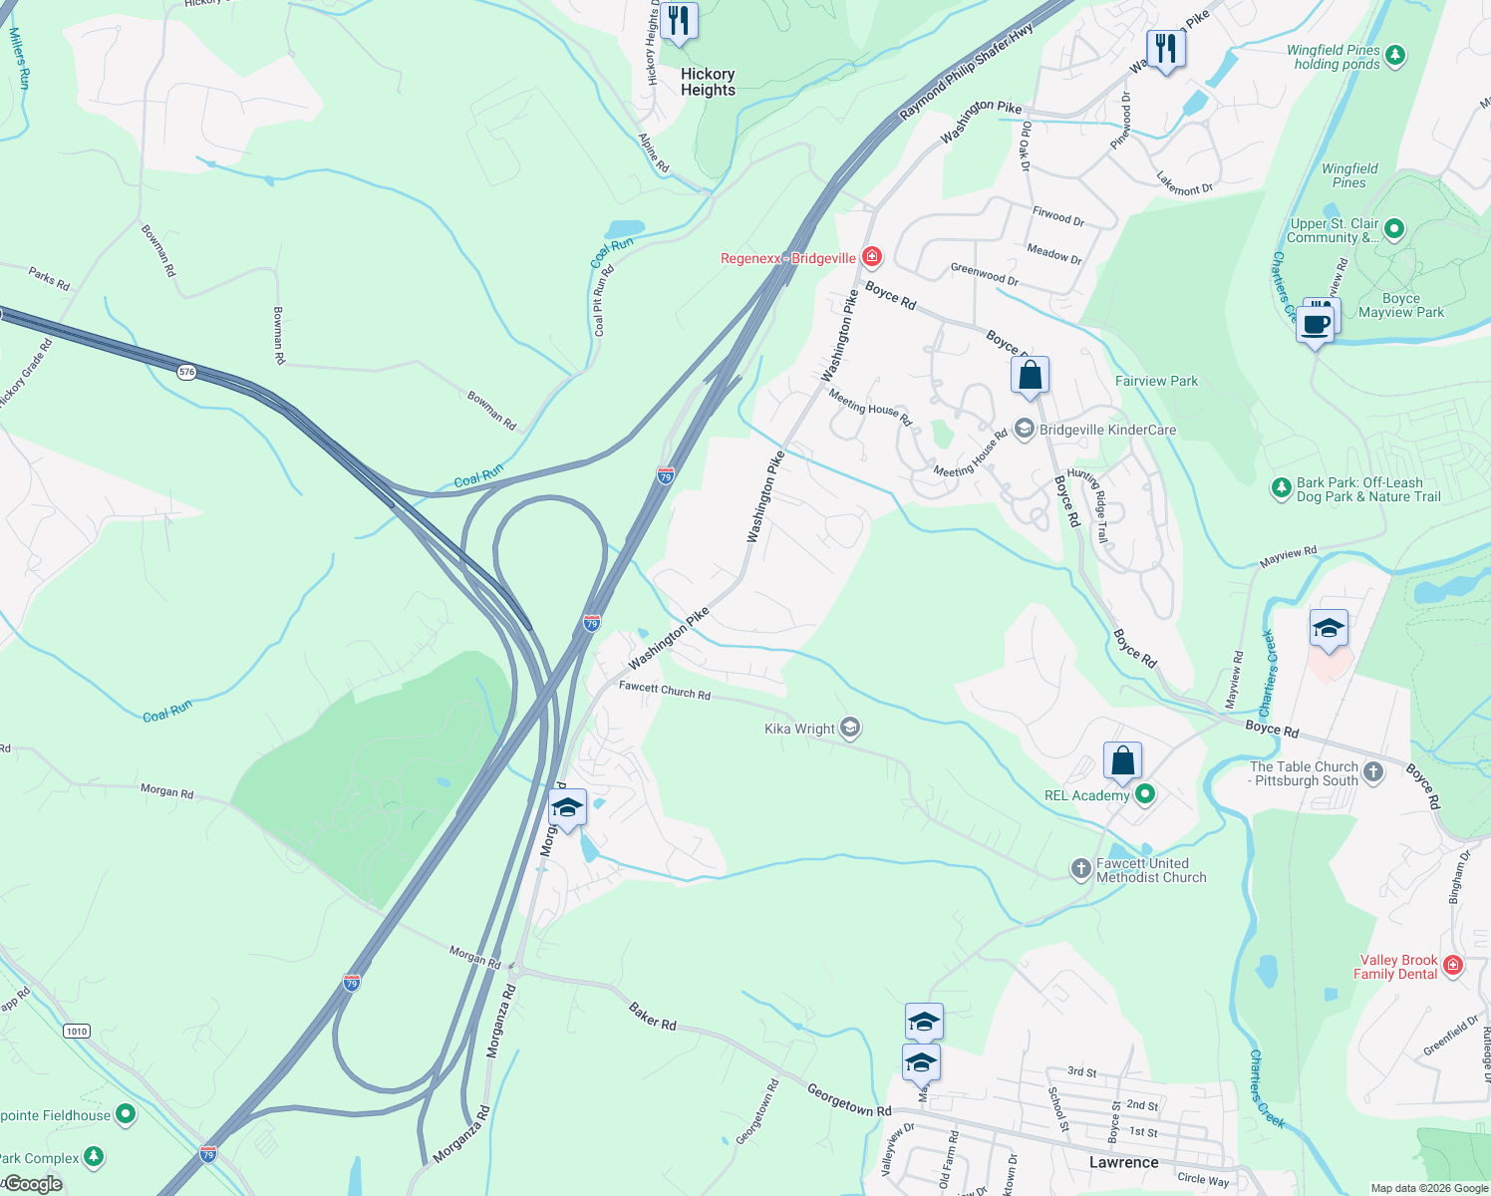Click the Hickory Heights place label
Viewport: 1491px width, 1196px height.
click(708, 82)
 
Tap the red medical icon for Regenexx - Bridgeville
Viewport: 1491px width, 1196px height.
click(872, 258)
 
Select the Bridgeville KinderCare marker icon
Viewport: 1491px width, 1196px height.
click(1024, 430)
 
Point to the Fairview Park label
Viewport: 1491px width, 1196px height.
click(1156, 381)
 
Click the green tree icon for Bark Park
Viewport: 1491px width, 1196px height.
click(1281, 488)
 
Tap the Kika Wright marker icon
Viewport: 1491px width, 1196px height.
click(850, 728)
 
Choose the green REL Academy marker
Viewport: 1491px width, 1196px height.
click(1145, 794)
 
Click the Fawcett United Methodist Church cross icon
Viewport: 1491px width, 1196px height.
click(1080, 869)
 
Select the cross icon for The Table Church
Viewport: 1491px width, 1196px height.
click(1373, 772)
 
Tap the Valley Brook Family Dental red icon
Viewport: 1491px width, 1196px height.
click(1453, 965)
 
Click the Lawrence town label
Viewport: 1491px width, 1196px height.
click(1123, 1162)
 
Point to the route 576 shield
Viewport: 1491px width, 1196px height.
click(187, 372)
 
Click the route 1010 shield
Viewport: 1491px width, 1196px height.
click(77, 1031)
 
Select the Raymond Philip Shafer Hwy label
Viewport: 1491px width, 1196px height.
click(966, 72)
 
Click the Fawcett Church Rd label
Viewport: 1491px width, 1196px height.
click(664, 690)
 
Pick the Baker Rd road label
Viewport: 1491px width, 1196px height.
click(653, 1017)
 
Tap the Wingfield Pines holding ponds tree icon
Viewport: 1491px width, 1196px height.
click(1395, 55)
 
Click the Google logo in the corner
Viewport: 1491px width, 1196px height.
click(33, 1184)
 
